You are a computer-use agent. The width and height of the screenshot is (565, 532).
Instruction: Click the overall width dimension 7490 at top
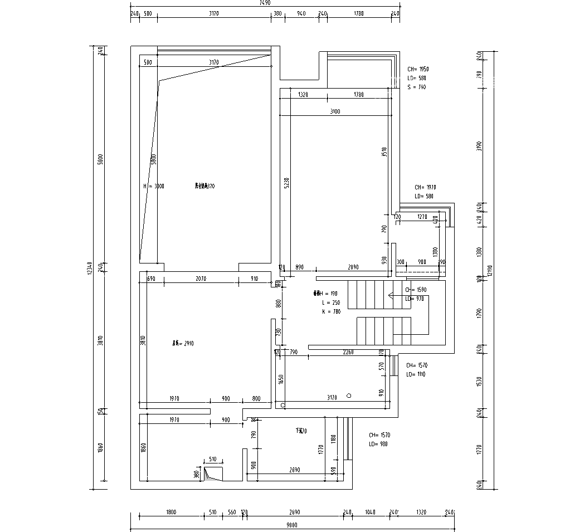[x=265, y=3]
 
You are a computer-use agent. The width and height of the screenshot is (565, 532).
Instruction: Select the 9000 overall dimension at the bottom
[x=292, y=525]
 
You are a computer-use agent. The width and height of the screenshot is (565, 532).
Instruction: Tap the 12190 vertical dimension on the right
[x=490, y=270]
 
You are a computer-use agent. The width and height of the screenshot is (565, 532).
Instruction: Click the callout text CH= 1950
[x=418, y=69]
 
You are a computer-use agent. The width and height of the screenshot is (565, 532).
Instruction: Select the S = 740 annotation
[x=416, y=87]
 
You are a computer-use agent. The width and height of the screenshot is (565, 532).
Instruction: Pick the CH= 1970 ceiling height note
[x=425, y=187]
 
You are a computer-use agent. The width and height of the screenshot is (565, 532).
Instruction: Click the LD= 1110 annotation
[x=416, y=374]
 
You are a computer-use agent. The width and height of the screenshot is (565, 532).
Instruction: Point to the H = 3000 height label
[x=154, y=187]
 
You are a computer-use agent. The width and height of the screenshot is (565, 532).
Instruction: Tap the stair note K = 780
[x=331, y=311]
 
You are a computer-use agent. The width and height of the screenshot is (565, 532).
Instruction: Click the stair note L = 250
[x=331, y=302]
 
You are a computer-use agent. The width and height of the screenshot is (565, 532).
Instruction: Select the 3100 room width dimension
[x=334, y=111]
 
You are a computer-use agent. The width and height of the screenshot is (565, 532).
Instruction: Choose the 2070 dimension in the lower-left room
[x=201, y=278]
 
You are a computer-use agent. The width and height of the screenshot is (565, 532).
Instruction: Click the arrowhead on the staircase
[x=391, y=296]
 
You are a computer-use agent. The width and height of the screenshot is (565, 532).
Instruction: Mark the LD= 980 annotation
[x=378, y=444]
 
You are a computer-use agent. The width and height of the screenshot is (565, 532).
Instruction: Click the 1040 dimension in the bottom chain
[x=370, y=512]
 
